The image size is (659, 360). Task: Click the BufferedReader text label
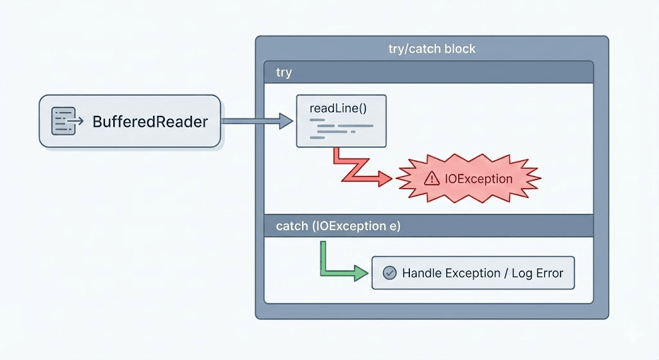[150, 121]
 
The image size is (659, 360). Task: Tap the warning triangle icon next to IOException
[432, 179]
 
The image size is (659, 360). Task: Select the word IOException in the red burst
[479, 179]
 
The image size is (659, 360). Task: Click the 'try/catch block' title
[432, 49]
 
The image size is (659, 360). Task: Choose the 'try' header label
[284, 73]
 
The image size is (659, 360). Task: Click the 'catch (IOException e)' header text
[338, 226]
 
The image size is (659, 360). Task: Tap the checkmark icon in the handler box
[389, 273]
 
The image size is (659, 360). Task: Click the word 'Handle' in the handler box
[422, 273]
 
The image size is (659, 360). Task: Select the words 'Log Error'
[537, 273]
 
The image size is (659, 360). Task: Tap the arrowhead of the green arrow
[362, 273]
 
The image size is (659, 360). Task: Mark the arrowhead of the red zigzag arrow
[385, 179]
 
